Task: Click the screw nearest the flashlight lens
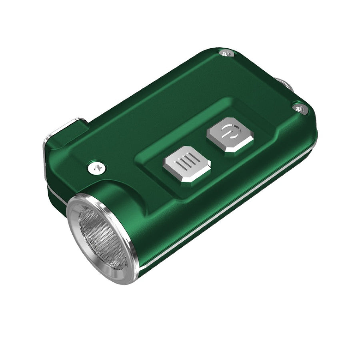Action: click(97, 168)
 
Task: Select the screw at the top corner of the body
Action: click(226, 53)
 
